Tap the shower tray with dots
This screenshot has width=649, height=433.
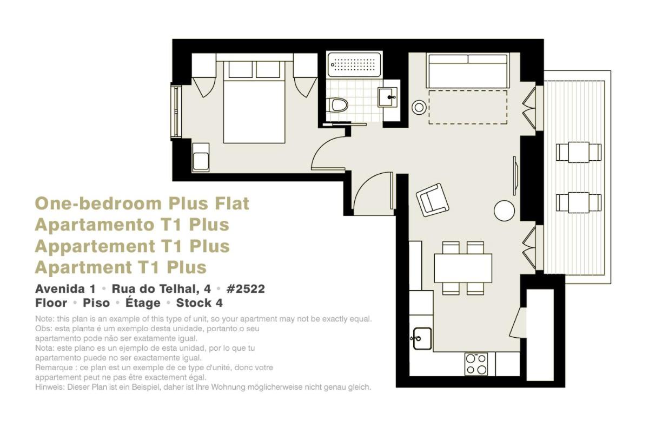tap(354, 64)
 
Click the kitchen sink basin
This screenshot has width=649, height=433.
tap(422, 338)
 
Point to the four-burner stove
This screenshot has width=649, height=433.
tap(476, 364)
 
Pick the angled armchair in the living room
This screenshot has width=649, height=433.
tap(432, 200)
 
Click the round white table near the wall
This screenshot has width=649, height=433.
tap(504, 211)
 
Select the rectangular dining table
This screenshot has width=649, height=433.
tap(463, 268)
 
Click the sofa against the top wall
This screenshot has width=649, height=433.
tap(468, 70)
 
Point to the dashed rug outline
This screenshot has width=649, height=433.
tap(468, 107)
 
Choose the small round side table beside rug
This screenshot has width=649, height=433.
tap(419, 108)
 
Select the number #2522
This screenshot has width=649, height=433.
tap(246, 289)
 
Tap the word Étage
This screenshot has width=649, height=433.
tap(143, 303)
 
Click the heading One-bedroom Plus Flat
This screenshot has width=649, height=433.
tap(142, 204)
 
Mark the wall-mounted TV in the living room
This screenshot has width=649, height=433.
tap(515, 175)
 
